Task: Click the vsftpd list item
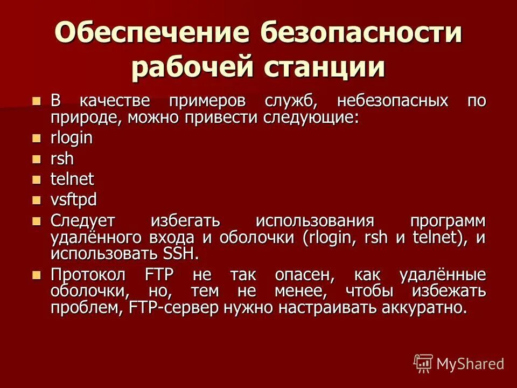pyautogui.click(x=74, y=200)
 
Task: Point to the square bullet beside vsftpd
pyautogui.click(x=37, y=200)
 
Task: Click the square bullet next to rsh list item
pyautogui.click(x=37, y=159)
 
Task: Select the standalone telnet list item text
pyautogui.click(x=72, y=179)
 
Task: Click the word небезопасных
pyautogui.click(x=393, y=101)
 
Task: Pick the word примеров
pyautogui.click(x=207, y=101)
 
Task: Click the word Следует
pyautogui.click(x=86, y=221)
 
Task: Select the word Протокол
pyautogui.click(x=88, y=275)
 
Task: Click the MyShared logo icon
pyautogui.click(x=423, y=363)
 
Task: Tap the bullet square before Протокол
pyautogui.click(x=37, y=275)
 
